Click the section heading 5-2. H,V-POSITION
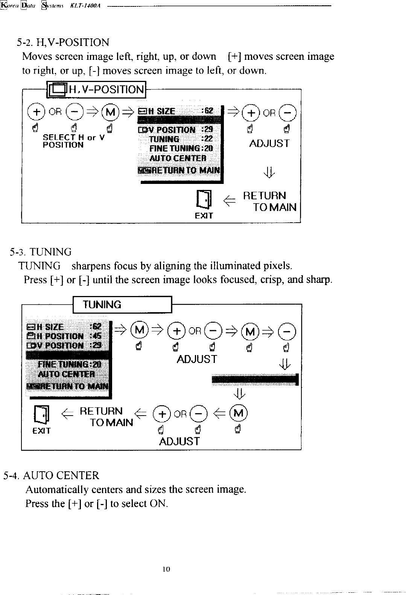63,42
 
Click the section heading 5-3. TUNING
41,252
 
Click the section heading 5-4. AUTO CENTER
51,475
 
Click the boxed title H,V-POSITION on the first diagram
96,90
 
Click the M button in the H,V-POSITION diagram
111,112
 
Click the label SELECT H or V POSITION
73,141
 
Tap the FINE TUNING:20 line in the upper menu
181,148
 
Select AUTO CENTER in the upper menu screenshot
178,158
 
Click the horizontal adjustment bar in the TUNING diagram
255,379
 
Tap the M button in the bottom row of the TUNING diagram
239,413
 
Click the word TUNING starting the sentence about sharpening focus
40,266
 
